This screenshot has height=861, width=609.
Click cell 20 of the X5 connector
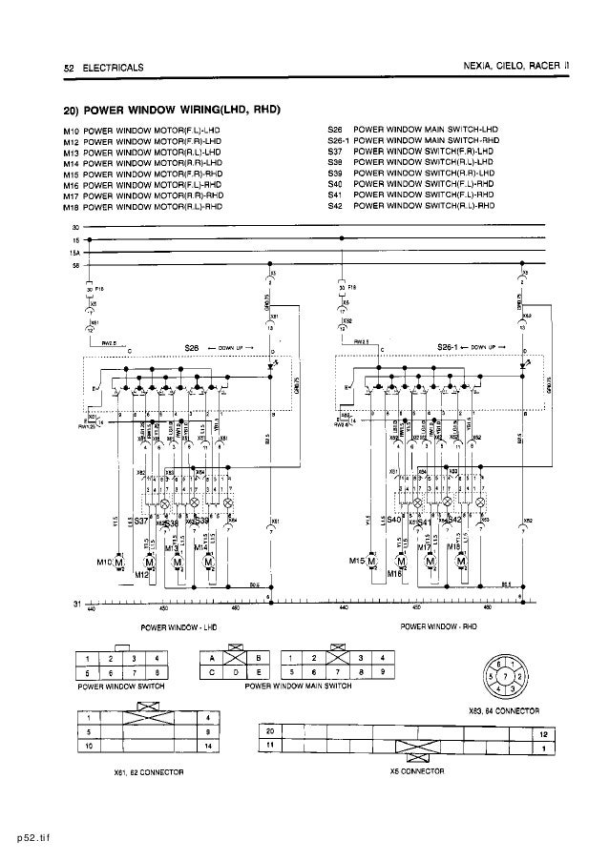coord(271,728)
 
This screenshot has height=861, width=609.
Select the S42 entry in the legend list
coord(334,206)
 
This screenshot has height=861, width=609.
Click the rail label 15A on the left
coord(73,253)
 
